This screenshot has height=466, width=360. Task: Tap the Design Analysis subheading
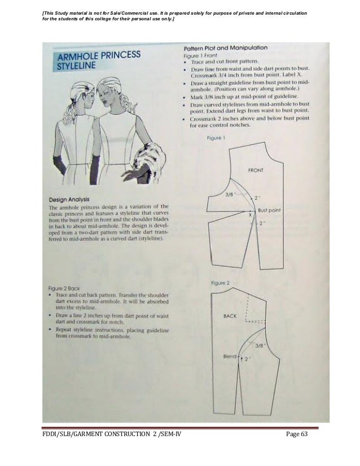[72, 199]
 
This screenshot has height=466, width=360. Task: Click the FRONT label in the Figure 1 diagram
[257, 169]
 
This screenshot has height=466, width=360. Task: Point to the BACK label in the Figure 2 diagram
[230, 316]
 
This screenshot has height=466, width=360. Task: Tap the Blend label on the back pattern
[229, 357]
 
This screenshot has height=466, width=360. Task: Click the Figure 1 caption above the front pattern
[217, 138]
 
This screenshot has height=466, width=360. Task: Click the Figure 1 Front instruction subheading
[199, 56]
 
